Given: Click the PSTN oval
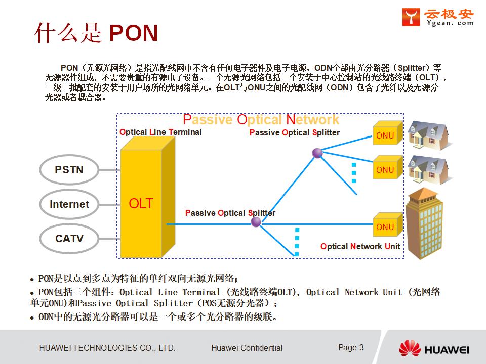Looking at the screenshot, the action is coord(69,170).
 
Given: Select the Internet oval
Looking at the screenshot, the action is coord(69,204).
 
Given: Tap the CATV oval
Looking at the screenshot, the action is coord(69,238).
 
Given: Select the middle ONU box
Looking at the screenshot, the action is coord(386,169).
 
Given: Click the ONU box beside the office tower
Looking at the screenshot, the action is coord(386,226).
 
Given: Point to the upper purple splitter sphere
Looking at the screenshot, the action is coord(317,153).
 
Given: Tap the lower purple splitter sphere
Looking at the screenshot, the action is coord(256,222).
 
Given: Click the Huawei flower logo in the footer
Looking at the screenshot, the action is coord(410,349).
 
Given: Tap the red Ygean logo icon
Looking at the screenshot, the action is coord(411,17).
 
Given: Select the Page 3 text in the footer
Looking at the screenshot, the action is coord(351,347).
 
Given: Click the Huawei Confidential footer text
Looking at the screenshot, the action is coord(247,348).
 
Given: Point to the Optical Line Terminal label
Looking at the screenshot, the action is coord(160,132).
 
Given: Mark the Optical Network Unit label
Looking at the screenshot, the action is coord(360,247).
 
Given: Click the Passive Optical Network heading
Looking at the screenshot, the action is coord(261,120).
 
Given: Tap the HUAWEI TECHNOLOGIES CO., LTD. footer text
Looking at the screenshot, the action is coord(107,348).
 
